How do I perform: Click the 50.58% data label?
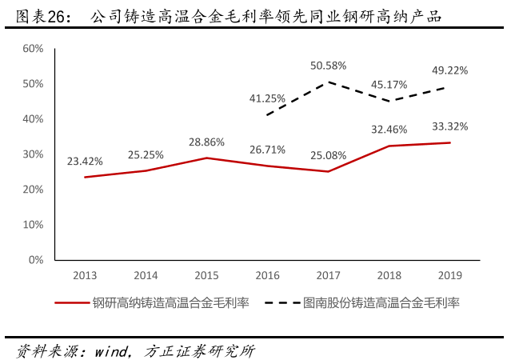(x=328, y=65)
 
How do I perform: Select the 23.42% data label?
(x=85, y=161)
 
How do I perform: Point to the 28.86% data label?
(x=206, y=142)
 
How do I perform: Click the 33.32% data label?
(x=449, y=126)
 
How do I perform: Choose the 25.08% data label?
(x=328, y=154)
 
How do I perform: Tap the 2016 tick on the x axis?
(x=267, y=275)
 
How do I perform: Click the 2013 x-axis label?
(x=85, y=275)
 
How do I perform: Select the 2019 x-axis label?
(x=449, y=275)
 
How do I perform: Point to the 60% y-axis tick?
(x=33, y=49)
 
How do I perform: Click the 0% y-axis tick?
(x=36, y=260)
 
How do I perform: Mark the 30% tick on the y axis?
(x=33, y=154)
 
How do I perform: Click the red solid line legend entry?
(x=152, y=303)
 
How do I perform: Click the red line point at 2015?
(x=206, y=158)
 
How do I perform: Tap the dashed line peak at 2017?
(x=328, y=82)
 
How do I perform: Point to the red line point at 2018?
(x=389, y=146)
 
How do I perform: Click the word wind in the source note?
(x=112, y=350)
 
